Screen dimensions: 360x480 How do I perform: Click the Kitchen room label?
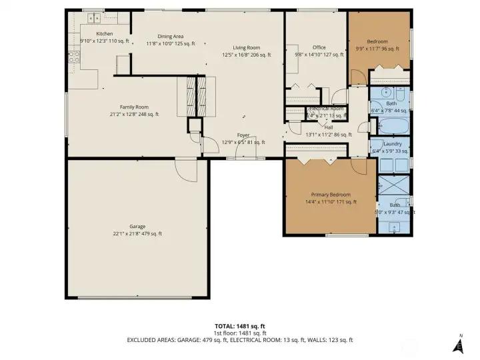coord(105,33)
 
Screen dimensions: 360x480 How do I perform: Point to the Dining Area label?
coord(170,36)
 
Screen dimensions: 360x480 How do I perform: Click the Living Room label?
coord(246,47)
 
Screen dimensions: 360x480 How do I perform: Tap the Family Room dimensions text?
coord(134,115)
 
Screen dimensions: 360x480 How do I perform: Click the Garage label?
coord(137,226)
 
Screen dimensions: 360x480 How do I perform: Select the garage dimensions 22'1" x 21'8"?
coord(137,234)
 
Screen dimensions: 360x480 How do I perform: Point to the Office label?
coord(319,47)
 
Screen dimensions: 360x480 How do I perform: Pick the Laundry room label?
coord(392,143)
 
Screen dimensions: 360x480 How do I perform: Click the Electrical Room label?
coord(327,108)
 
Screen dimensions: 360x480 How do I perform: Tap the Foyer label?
coord(243,135)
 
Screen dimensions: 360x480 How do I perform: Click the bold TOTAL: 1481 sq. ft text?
coord(240,325)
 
